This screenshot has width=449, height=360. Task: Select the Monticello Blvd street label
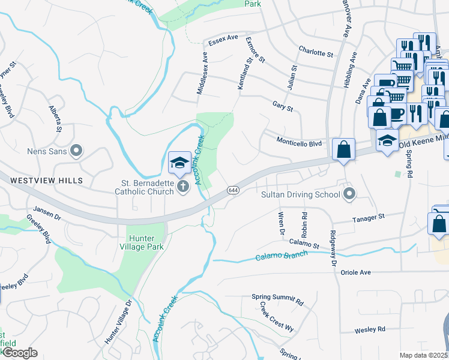pos(300,143)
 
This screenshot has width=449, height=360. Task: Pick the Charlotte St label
pos(315,53)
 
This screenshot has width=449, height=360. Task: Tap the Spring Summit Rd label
pos(277,298)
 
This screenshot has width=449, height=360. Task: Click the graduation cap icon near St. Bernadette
pos(179,163)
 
